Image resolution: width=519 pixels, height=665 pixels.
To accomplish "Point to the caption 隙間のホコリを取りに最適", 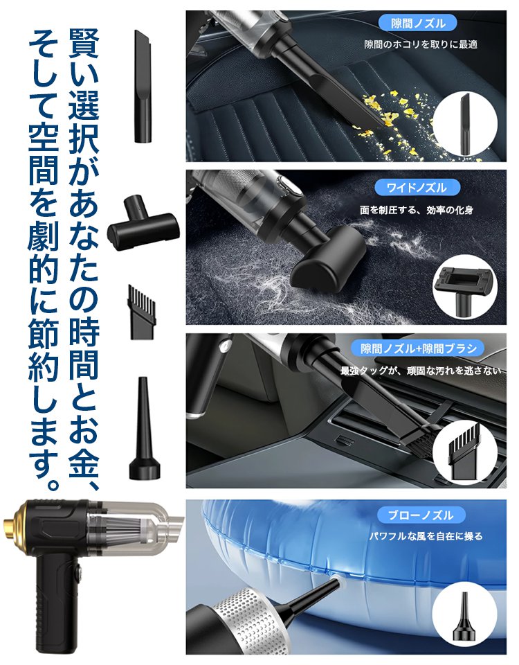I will (x=421, y=45).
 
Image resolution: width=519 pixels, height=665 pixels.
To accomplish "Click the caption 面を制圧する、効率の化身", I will (x=421, y=209).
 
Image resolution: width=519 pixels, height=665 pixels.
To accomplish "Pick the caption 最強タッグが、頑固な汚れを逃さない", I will (x=421, y=371).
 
